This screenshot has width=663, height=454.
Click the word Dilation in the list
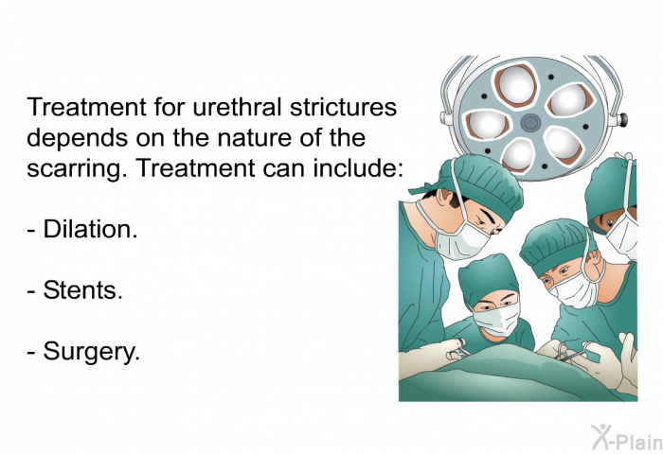[x=90, y=230]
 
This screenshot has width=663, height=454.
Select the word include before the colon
[x=362, y=169]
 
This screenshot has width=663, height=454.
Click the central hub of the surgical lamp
[x=529, y=121]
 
